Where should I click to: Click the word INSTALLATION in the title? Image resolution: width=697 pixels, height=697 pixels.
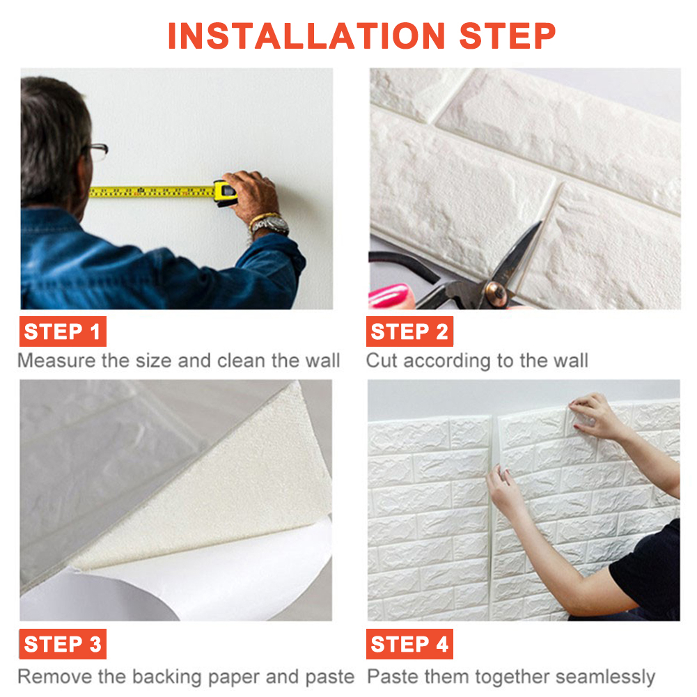306,36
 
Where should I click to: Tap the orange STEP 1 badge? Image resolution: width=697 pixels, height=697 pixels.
63,331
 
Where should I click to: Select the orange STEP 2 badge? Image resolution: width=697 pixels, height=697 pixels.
409,331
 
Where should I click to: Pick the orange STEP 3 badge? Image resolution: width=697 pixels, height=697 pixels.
63,643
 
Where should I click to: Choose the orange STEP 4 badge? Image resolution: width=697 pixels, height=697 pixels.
409,643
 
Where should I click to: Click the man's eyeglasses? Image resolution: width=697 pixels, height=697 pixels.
97,150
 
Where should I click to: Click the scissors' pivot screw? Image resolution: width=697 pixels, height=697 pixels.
496,292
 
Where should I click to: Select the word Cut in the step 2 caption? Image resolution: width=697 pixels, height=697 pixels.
382,360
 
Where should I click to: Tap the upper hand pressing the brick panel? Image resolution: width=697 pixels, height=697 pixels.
595,416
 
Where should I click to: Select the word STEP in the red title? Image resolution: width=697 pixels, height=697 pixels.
507,36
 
